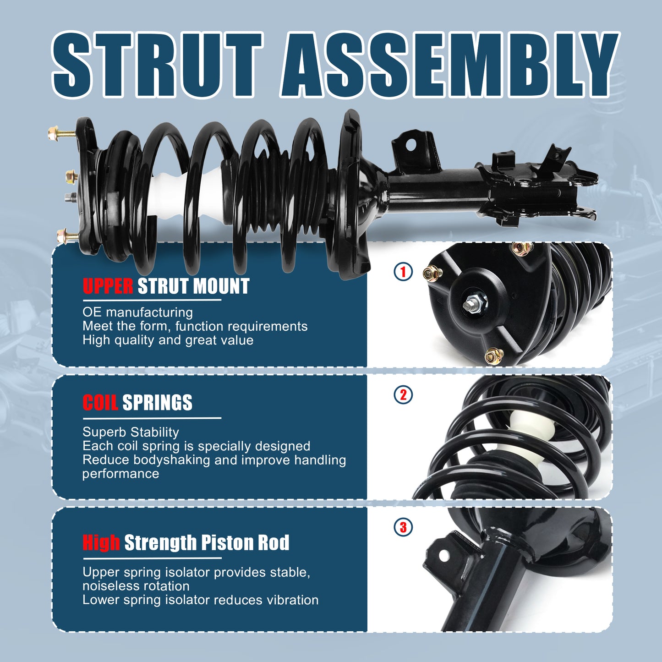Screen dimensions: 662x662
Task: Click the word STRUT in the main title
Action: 157,65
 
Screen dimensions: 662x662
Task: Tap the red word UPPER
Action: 108,286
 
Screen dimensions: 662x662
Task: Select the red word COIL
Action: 100,402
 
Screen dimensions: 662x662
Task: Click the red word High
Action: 101,542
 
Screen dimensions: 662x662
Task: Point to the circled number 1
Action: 403,272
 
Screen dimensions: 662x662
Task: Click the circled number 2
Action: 403,395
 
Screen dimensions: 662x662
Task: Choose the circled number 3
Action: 403,527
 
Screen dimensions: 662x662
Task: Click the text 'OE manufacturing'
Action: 138,312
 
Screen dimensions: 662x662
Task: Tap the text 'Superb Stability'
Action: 131,432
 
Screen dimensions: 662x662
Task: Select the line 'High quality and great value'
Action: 168,340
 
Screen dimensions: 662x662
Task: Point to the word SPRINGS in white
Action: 157,402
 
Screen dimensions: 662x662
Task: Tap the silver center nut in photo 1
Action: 474,303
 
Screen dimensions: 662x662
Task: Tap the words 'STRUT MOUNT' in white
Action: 193,286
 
